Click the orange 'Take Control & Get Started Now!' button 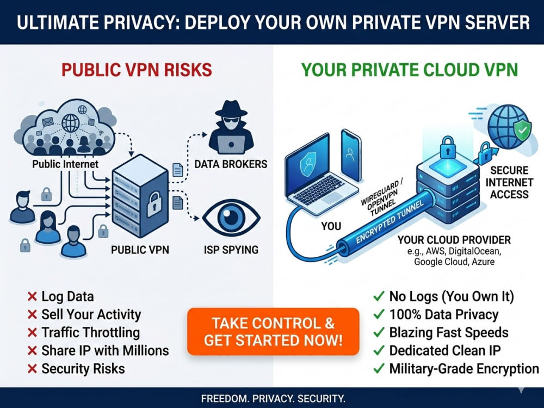click(273, 332)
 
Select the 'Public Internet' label click(65, 164)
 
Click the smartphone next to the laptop click(351, 155)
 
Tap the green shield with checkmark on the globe click(522, 131)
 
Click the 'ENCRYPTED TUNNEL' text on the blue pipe click(390, 222)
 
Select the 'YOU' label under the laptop click(331, 226)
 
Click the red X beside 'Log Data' click(32, 296)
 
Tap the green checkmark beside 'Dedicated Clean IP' click(379, 350)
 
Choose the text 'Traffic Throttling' click(90, 332)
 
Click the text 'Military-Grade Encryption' click(464, 368)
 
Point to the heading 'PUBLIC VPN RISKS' click(137, 70)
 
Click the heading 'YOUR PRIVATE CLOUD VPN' click(410, 70)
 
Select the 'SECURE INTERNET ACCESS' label click(509, 182)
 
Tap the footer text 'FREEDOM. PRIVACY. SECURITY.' click(273, 398)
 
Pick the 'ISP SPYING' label click(231, 250)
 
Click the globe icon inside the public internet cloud click(70, 123)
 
